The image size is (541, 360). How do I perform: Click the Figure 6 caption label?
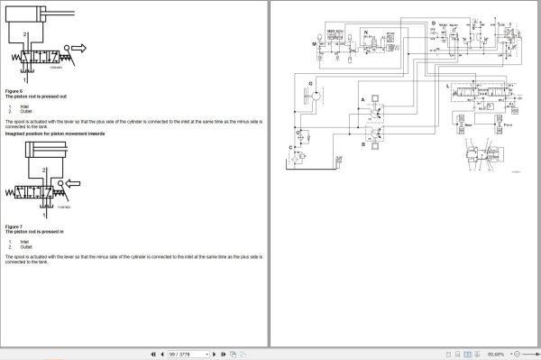[14, 92]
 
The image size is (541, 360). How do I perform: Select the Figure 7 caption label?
[14, 226]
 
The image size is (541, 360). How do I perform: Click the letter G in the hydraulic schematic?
[310, 83]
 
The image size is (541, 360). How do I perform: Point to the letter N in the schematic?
[366, 32]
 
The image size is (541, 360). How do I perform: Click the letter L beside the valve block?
[448, 85]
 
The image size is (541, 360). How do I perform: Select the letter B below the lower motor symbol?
[362, 143]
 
